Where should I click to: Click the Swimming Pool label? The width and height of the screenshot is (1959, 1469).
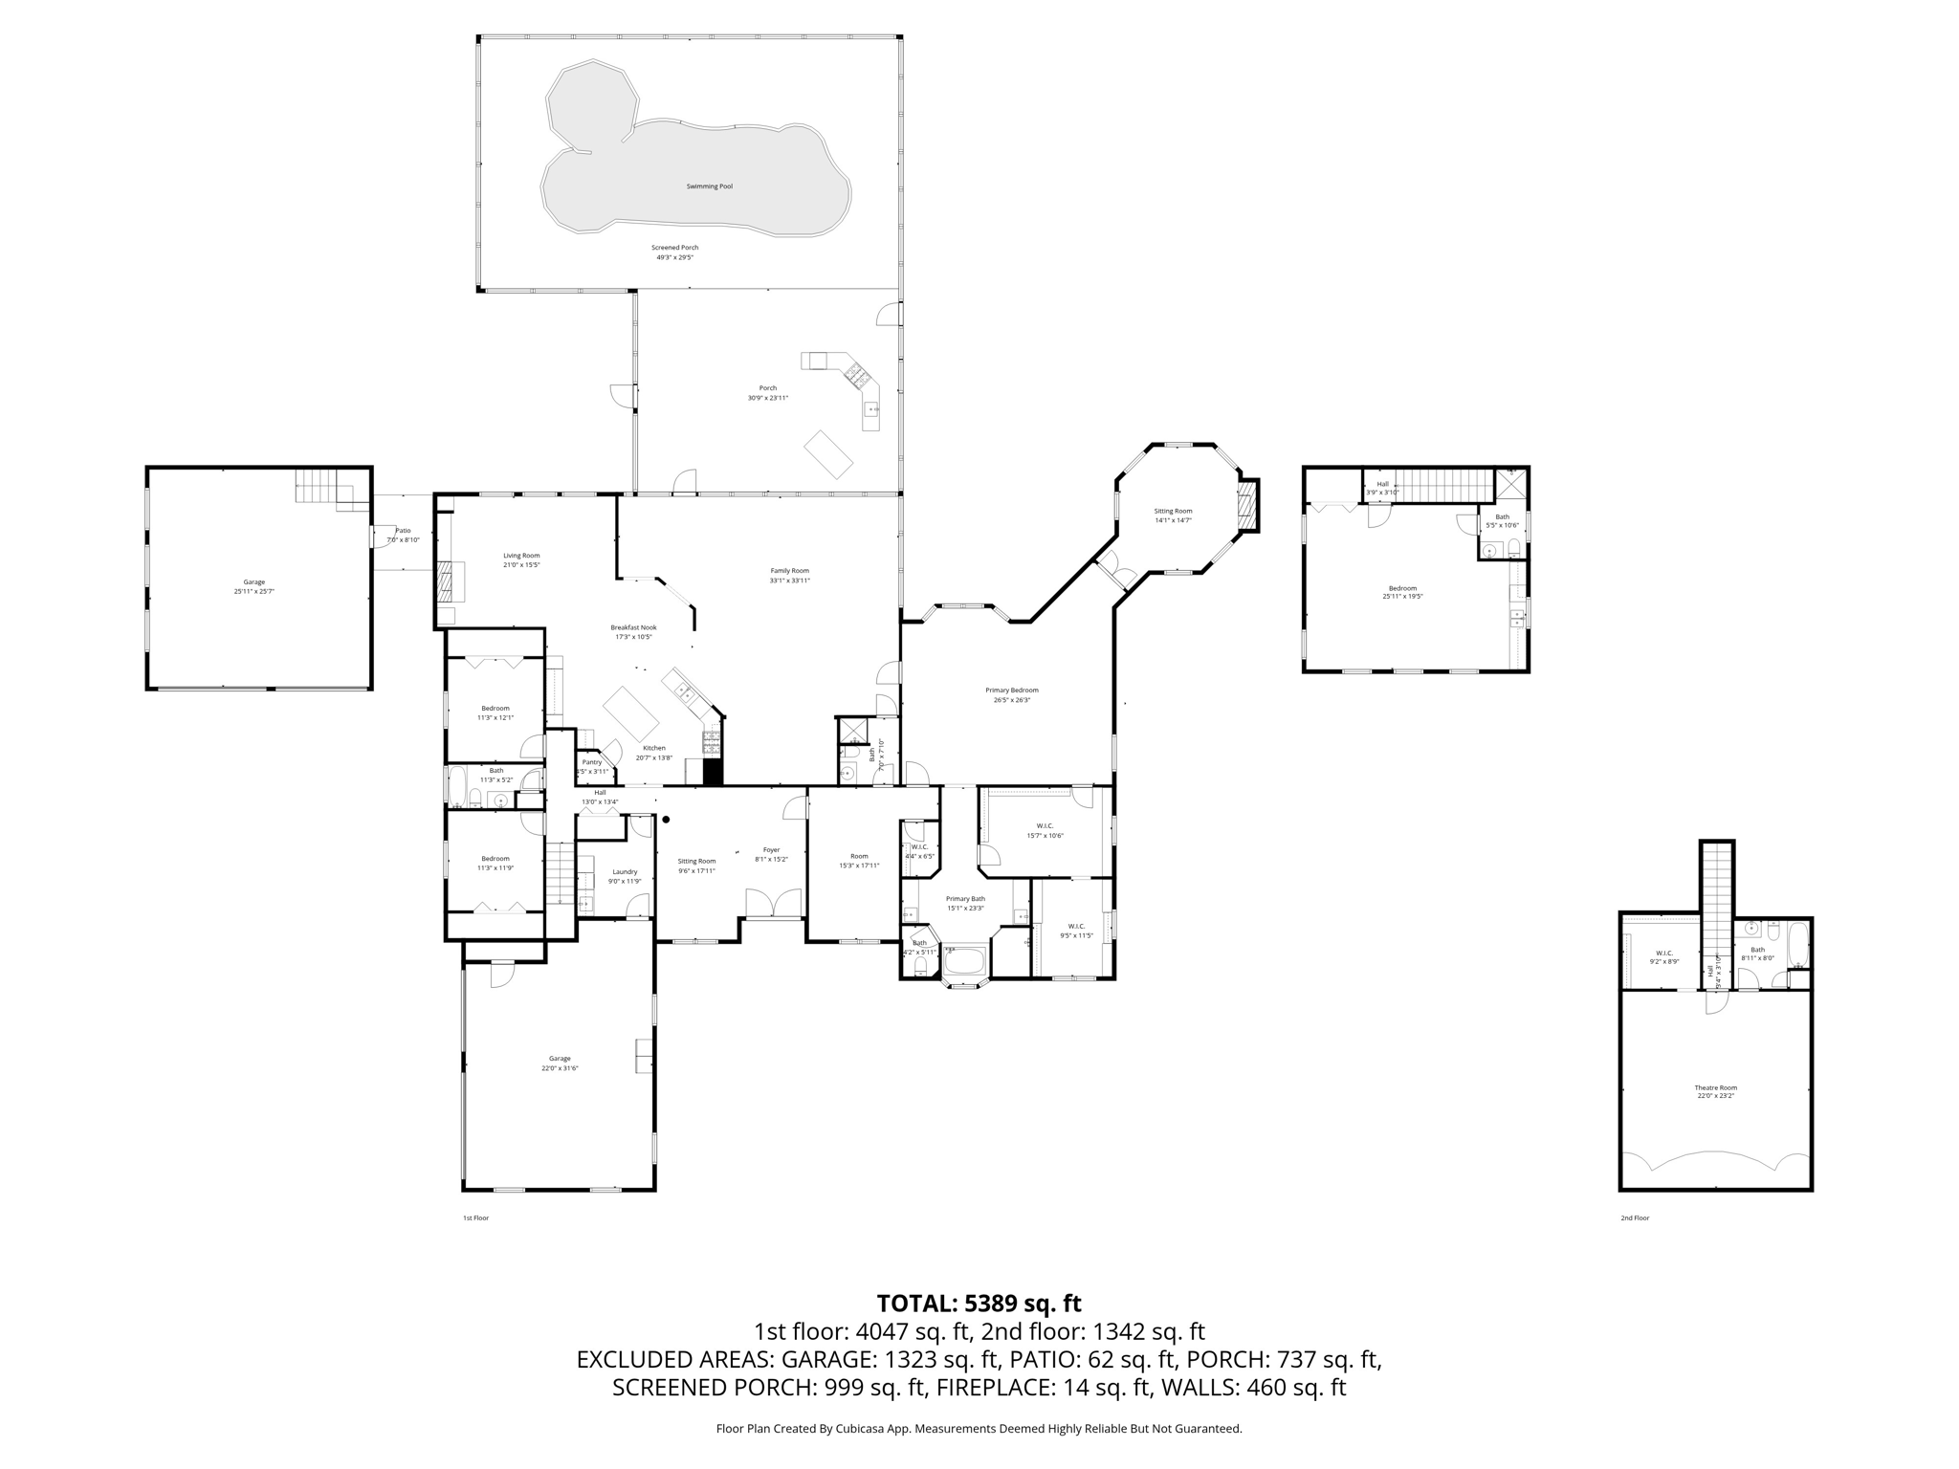point(709,186)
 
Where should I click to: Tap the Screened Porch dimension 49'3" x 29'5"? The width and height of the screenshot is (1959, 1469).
point(674,257)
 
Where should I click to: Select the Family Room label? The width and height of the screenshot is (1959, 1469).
point(789,571)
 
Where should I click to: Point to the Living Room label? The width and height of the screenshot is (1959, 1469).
point(521,556)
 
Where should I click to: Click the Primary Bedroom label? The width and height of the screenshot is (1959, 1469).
point(1011,691)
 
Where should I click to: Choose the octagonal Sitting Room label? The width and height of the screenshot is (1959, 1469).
point(1173,511)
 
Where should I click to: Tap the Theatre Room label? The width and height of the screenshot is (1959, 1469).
point(1715,1087)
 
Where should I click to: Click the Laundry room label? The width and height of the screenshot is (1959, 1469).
point(625,871)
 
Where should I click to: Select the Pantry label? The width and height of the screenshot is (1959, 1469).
point(592,762)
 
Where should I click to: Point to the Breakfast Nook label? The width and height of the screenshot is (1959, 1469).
point(633,627)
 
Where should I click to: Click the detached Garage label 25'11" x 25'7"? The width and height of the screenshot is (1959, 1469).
point(253,581)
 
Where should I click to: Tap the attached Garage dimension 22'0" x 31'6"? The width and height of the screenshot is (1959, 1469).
point(560,1068)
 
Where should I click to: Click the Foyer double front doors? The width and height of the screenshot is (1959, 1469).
point(773,902)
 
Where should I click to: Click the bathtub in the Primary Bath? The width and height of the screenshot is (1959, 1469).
point(965,960)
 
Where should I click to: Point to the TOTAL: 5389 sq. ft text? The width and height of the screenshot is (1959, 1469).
point(979,1304)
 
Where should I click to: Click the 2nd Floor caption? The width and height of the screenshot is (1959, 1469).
point(1635,1217)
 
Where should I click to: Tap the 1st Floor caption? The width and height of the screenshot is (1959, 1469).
point(475,1217)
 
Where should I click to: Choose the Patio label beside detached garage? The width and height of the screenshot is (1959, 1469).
point(403,531)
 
